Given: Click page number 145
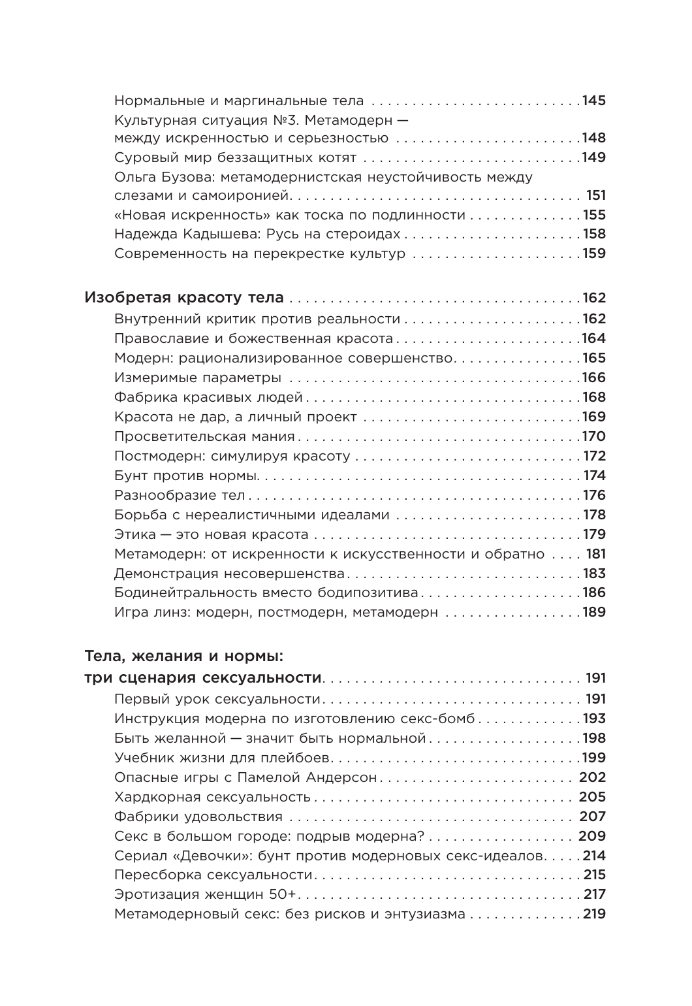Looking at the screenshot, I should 594,101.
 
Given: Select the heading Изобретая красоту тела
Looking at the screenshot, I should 185,299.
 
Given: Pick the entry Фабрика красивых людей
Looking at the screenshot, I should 208,397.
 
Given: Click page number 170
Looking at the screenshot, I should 594,436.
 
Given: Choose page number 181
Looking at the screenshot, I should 596,554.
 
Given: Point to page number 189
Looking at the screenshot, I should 594,613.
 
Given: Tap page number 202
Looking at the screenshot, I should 592,777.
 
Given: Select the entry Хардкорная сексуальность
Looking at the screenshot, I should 212,797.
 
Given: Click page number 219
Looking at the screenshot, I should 594,915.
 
